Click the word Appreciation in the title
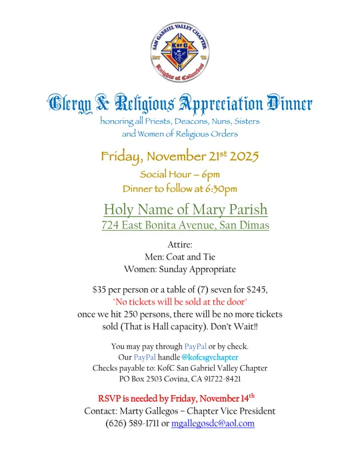(214, 104)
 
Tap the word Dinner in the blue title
(289, 104)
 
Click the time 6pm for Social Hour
(210, 174)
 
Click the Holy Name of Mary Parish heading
(185, 209)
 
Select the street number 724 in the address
(111, 225)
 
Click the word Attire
(180, 246)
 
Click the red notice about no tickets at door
(180, 302)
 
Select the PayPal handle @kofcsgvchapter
(209, 358)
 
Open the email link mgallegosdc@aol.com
(213, 423)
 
